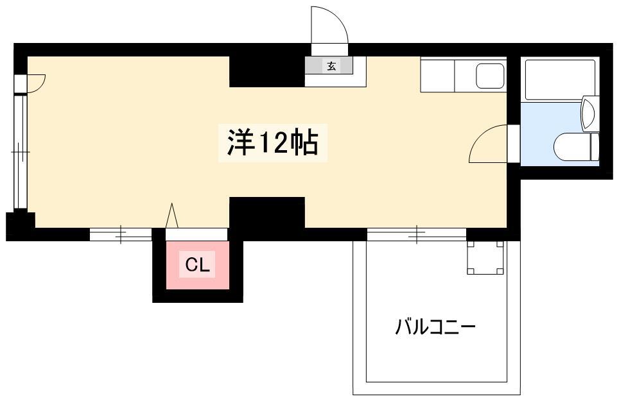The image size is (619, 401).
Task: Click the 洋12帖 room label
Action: coord(273,142)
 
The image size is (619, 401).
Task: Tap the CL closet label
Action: coord(197,265)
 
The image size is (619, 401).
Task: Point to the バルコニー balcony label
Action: coord(435,327)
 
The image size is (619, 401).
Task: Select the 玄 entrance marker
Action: coord(331,66)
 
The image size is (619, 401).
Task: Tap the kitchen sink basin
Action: coord(490,76)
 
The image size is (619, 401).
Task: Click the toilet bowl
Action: coord(571,147)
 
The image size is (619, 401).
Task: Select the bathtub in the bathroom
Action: coord(560,80)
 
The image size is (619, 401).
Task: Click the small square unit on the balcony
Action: coord(485,257)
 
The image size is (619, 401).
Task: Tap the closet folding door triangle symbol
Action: coord(171,216)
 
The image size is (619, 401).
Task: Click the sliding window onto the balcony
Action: coord(417,235)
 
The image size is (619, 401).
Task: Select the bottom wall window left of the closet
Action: coord(121,235)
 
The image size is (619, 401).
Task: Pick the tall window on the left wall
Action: coord(21,152)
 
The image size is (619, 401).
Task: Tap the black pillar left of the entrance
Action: coord(267,71)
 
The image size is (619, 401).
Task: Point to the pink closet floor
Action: coord(197,265)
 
